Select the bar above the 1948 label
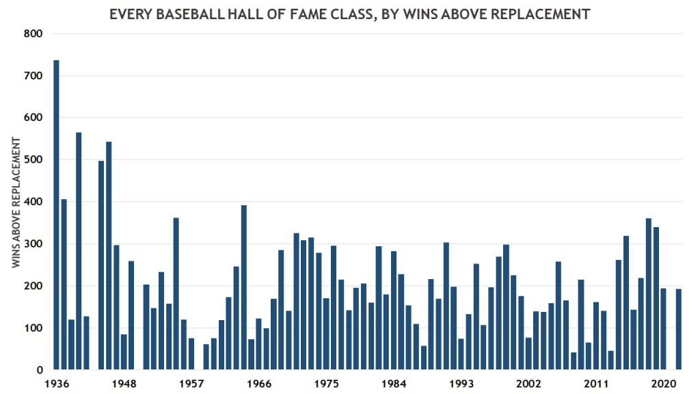(124, 352)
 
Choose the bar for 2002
(529, 354)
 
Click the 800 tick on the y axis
(33, 34)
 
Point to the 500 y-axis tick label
(33, 160)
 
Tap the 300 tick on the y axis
(33, 244)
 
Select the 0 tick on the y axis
(39, 370)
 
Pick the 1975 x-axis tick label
(326, 383)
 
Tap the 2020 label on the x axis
(664, 383)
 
